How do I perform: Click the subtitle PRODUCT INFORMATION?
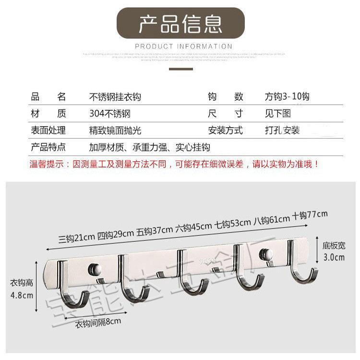184,47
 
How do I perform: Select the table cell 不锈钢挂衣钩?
115,96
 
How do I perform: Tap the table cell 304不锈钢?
110,114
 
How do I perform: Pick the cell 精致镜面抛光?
115,130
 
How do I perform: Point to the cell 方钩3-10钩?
287,96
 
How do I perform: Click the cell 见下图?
278,114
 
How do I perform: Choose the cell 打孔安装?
282,130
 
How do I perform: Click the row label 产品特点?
48,147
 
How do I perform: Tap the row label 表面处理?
48,130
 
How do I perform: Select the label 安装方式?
226,130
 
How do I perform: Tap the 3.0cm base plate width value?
334,257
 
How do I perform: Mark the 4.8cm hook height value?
22,295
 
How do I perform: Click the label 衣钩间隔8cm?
98,323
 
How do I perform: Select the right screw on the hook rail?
264,253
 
